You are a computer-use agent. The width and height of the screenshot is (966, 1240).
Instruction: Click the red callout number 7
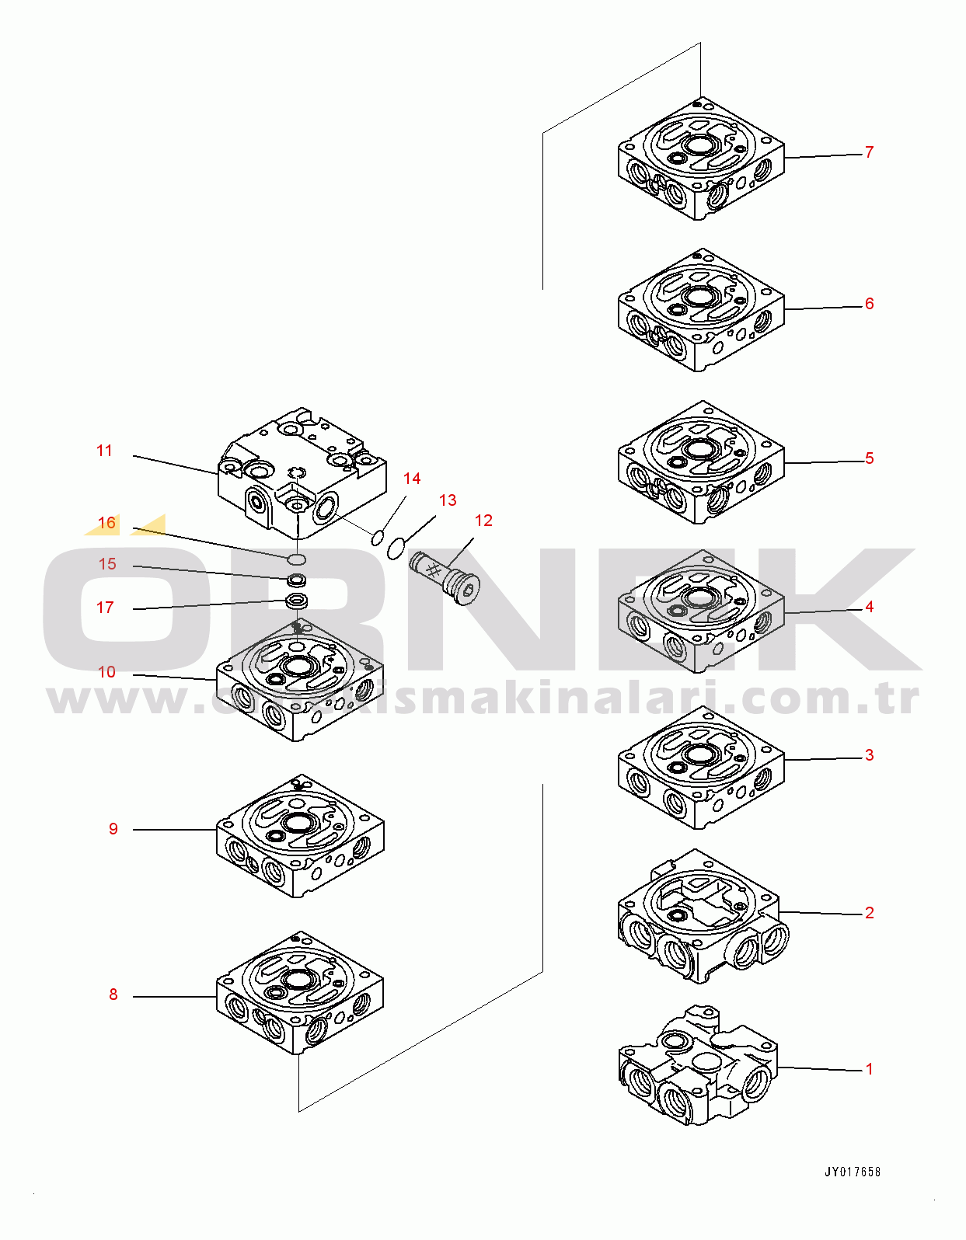coord(869,152)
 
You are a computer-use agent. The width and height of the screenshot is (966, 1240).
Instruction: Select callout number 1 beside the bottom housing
coord(869,1069)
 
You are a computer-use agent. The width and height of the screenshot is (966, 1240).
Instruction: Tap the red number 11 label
coord(104,451)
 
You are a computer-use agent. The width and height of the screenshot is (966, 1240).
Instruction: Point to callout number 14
coord(412,478)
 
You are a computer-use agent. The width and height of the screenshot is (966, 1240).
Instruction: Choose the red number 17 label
coord(105,607)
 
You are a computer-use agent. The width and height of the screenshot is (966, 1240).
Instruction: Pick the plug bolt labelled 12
coord(445,578)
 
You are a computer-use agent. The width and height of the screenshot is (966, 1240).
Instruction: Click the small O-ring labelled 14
coord(377,538)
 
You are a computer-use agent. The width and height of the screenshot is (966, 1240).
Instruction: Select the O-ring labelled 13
coord(396,549)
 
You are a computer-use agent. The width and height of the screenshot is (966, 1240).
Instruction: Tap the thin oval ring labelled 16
coord(297,559)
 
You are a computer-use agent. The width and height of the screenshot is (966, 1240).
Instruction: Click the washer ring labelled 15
coord(297,581)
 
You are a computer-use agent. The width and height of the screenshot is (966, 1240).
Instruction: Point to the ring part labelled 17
coord(297,601)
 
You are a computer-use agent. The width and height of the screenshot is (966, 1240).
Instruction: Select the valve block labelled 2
coord(703,918)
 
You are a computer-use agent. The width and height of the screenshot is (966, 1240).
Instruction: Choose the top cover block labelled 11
coord(302,474)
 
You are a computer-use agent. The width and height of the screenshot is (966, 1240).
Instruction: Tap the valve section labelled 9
coord(300,837)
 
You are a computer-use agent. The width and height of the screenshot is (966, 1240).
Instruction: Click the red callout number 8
coord(113,994)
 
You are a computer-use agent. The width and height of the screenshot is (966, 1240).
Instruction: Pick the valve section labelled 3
coord(701,768)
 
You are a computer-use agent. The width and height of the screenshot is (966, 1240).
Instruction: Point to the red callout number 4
coord(869,607)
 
